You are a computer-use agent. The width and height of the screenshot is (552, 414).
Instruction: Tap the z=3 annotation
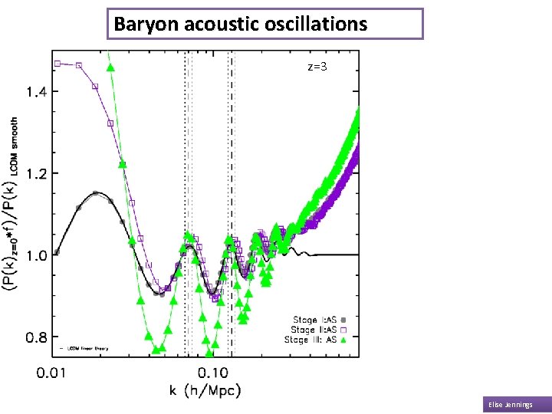pyautogui.click(x=317, y=67)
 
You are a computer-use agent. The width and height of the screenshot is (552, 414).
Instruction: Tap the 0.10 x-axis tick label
pyautogui.click(x=213, y=373)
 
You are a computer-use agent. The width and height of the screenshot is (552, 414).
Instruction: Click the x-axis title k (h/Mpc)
pyautogui.click(x=205, y=391)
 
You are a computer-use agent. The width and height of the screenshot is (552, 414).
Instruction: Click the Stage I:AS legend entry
pyautogui.click(x=315, y=320)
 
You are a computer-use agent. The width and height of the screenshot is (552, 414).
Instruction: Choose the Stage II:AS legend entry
pyautogui.click(x=314, y=329)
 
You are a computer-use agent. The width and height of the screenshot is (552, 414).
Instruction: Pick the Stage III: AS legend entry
pyautogui.click(x=311, y=339)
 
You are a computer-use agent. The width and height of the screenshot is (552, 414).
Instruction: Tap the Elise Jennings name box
pyautogui.click(x=516, y=404)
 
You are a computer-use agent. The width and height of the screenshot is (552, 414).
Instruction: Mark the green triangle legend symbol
pyautogui.click(x=344, y=339)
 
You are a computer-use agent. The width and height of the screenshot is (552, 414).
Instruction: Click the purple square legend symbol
pyautogui.click(x=344, y=329)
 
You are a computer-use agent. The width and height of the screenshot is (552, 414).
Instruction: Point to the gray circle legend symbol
pyautogui.click(x=344, y=320)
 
